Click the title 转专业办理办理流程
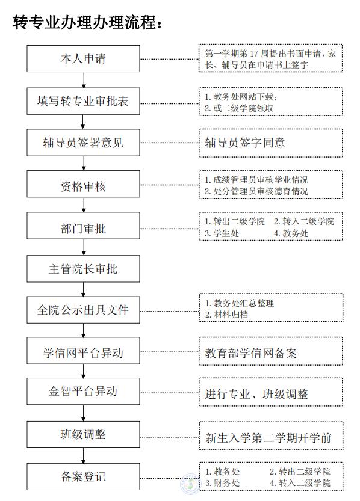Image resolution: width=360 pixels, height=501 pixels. click(x=87, y=22)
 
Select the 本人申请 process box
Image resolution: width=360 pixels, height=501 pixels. click(x=83, y=58)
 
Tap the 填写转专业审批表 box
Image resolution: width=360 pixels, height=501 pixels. click(x=83, y=101)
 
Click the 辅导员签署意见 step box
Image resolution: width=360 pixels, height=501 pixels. click(x=83, y=143)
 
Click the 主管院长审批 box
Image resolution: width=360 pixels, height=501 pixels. click(x=83, y=269)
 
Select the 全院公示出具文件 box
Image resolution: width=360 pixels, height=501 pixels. click(x=83, y=310)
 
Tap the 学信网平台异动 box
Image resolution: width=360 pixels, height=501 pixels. click(x=83, y=351)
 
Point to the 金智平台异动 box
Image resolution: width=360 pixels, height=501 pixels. click(x=83, y=392)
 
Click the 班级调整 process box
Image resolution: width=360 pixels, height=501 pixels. click(x=83, y=434)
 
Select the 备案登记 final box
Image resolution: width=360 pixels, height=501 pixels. click(x=83, y=477)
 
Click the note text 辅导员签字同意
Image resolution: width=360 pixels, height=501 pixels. click(x=245, y=143)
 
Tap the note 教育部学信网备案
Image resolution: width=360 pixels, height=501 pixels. click(x=251, y=353)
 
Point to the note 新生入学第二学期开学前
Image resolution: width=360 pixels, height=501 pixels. click(x=268, y=438)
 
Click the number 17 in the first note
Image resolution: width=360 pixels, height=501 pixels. click(x=253, y=54)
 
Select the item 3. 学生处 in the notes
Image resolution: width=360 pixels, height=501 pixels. click(x=222, y=233)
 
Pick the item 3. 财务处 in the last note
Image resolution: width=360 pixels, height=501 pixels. click(x=222, y=483)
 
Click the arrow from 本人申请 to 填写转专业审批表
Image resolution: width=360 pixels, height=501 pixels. click(x=84, y=80)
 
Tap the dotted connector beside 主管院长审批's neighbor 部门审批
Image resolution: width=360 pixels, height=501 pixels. click(x=169, y=229)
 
